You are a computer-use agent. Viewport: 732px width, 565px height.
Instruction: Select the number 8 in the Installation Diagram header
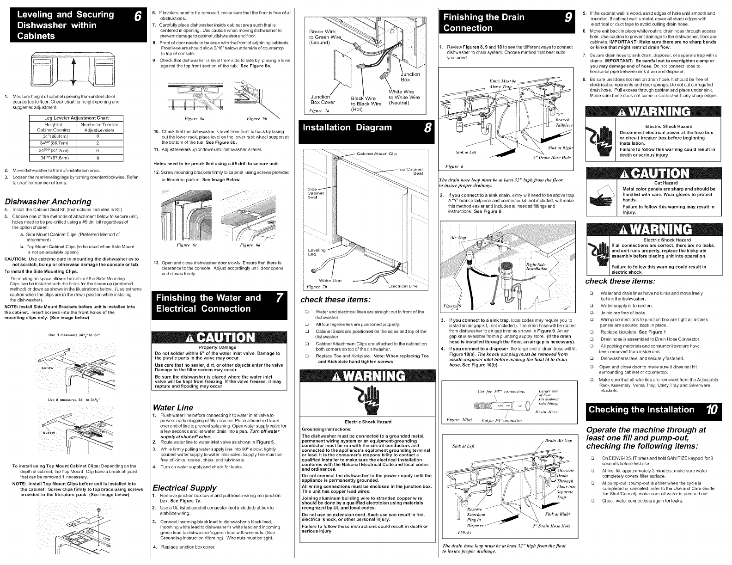pyautogui.click(x=427, y=128)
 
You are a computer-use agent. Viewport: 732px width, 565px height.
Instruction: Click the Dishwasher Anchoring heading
pyautogui.click(x=48, y=202)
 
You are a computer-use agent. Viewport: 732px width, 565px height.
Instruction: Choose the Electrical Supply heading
pyautogui.click(x=184, y=487)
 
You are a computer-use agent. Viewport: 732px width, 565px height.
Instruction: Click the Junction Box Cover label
pyautogui.click(x=323, y=99)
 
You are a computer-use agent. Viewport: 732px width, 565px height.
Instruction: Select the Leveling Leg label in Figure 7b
pyautogui.click(x=317, y=252)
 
